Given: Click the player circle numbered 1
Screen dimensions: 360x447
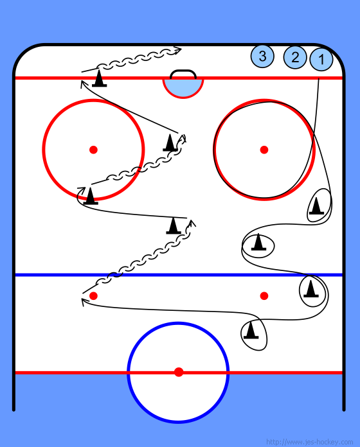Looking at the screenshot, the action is coord(321,59).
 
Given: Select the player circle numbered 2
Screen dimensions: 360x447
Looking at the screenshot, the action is coord(295,57).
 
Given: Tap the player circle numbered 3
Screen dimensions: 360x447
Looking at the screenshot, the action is coord(262,56).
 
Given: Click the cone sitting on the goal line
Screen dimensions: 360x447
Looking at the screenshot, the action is coord(99,78).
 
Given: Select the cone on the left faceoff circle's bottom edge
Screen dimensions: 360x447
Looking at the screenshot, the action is coord(91,196).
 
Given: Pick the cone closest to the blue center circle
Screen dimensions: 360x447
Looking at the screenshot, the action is coord(251,330).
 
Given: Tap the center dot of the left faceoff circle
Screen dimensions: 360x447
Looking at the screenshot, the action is coord(94,150).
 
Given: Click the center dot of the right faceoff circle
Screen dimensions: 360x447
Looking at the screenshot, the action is coord(264,150).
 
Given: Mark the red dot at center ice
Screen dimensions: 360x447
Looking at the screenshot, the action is coord(179,372).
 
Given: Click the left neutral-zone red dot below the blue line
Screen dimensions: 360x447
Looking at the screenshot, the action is coord(94,296).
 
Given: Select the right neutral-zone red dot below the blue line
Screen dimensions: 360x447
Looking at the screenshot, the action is coord(264,296).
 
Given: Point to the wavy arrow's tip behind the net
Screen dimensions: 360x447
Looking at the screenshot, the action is coord(181,49).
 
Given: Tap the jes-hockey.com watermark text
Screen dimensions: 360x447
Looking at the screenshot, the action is coord(309,442).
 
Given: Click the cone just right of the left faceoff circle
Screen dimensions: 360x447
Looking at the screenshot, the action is coord(170,143).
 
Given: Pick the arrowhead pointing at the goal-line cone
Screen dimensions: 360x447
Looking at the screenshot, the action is coord(82,83).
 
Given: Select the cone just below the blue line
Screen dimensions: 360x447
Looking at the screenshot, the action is coord(311,288).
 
